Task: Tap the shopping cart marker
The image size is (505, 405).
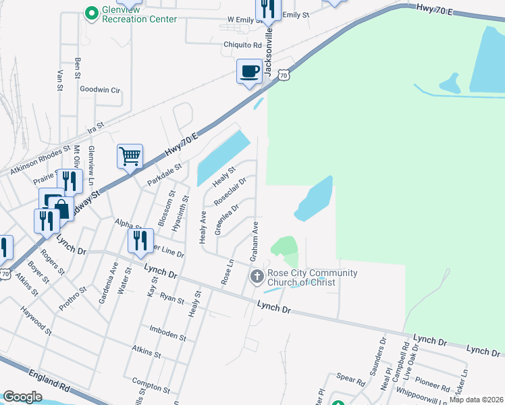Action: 130,157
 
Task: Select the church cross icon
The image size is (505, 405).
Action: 257,276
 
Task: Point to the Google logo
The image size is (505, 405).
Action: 23,397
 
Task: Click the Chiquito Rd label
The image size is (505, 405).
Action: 242,45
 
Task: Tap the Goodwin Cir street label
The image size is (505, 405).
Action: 99,89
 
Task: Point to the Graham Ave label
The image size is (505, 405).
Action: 255,242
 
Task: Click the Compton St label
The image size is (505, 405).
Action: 151,385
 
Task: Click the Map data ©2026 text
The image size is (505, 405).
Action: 477,400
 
